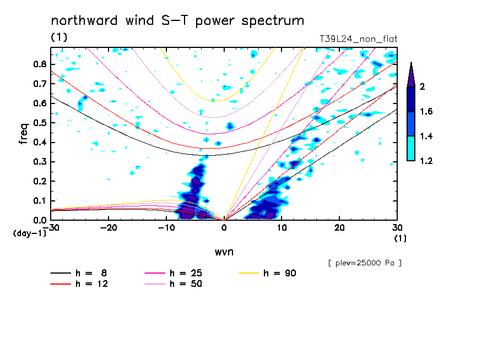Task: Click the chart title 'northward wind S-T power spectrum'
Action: click(177, 21)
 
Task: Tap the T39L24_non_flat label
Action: click(359, 39)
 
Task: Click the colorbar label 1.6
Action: click(426, 112)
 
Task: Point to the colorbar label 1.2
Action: click(426, 161)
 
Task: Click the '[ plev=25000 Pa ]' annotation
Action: click(365, 263)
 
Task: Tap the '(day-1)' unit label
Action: click(29, 233)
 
